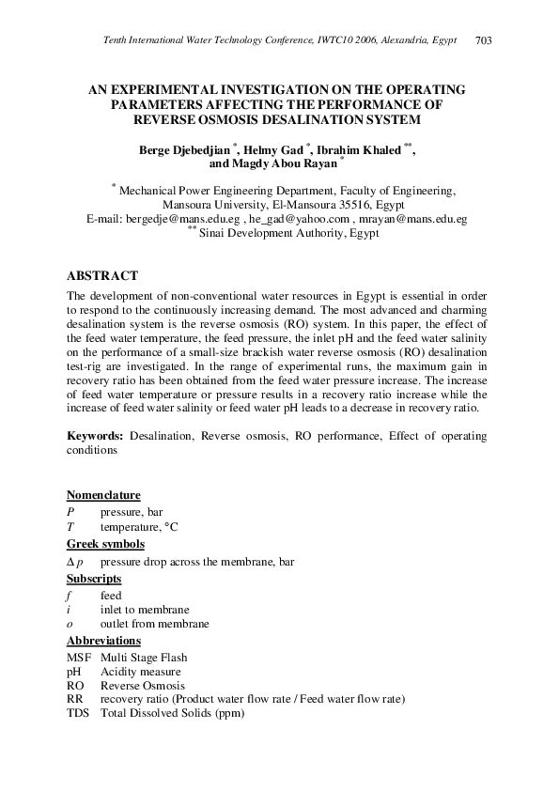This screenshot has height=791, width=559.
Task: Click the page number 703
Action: coord(484,40)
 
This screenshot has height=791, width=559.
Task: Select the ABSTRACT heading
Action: coord(102,275)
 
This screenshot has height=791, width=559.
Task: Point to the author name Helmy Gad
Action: coord(275,149)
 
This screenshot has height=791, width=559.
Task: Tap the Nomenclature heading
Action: coord(103,495)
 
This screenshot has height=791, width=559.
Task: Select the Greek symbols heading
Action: coord(105,544)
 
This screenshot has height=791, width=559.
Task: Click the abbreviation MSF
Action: coord(80,658)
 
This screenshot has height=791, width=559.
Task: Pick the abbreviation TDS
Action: coord(79,714)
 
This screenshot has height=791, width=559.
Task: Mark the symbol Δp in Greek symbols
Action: coord(75,562)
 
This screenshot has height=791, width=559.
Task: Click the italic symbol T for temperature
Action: coord(70,528)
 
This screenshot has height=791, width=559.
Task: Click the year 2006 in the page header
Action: coord(371,40)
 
